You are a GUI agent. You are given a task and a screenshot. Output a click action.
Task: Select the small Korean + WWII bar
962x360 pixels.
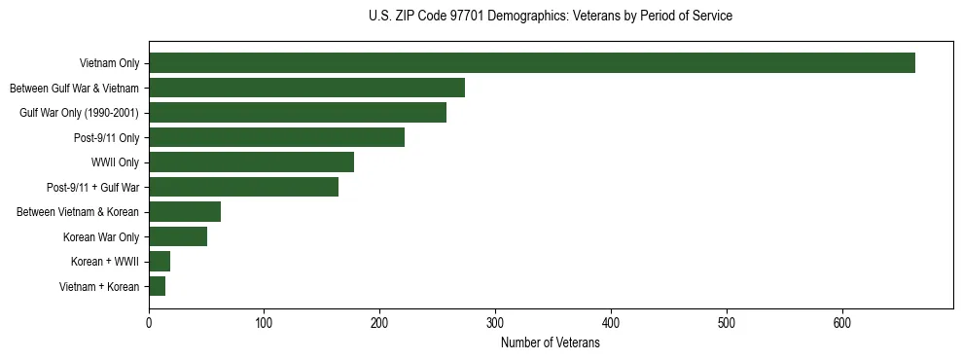[160, 262]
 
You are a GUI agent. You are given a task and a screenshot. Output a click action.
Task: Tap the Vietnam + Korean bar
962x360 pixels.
[157, 286]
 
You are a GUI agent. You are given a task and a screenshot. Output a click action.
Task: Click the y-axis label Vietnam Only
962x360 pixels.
[109, 64]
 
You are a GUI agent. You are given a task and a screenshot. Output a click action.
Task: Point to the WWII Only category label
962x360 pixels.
[115, 162]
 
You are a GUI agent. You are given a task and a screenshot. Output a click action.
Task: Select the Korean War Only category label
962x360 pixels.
[101, 237]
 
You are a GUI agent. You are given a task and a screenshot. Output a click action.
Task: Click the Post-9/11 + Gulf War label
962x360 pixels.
[92, 188]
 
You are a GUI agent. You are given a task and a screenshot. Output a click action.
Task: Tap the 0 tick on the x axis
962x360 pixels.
[149, 325]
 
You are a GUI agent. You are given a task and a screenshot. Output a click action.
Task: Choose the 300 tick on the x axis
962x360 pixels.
[495, 325]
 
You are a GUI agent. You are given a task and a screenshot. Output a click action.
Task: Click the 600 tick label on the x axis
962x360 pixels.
[841, 325]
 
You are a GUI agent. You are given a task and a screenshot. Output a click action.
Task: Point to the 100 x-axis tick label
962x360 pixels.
[265, 325]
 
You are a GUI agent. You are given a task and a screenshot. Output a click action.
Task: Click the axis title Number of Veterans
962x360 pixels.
[550, 343]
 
